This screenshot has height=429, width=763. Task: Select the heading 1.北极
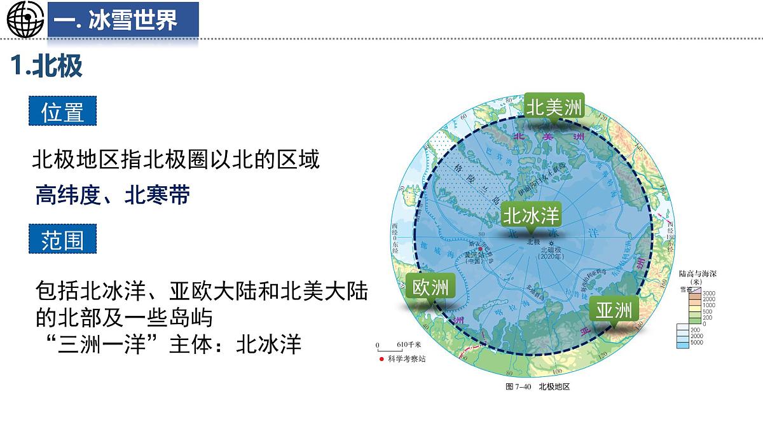pos(48,66)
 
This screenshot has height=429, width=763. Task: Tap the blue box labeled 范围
pos(62,240)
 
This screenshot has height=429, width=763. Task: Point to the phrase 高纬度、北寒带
pos(113,195)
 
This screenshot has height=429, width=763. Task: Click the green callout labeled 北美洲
pos(553,108)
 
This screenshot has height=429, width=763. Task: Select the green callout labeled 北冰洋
pos(531,215)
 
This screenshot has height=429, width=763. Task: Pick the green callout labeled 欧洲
pos(430,288)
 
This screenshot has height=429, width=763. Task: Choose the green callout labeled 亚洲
pos(614,310)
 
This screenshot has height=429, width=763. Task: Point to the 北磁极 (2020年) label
pos(551,252)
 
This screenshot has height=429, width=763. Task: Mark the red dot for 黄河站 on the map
pos(480,249)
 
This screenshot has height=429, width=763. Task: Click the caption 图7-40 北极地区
pos(537,386)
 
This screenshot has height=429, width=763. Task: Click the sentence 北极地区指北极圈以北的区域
pos(175,160)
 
